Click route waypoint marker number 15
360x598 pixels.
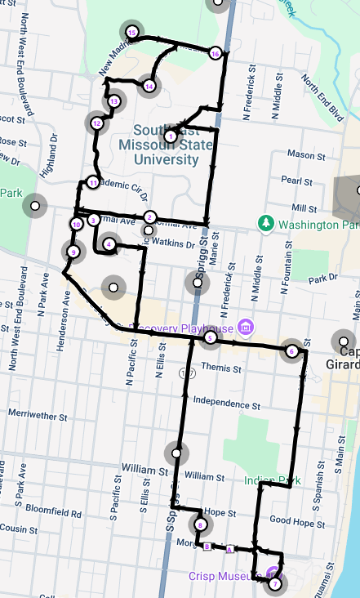tap(132, 32)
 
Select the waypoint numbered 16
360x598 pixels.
tap(215, 53)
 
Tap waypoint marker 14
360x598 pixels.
tap(148, 86)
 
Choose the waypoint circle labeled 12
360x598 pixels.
tap(96, 123)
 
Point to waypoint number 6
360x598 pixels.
tap(291, 351)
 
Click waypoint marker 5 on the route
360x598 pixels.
tap(210, 337)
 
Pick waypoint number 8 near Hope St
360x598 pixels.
tap(199, 524)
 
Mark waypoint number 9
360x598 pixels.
tap(73, 252)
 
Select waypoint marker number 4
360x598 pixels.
tap(108, 243)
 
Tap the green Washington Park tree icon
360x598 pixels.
tap(264, 223)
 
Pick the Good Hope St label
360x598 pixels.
tap(291, 520)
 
